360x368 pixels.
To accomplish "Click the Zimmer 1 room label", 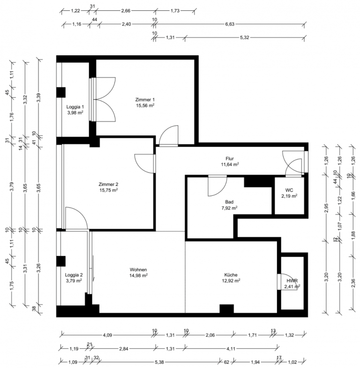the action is point(145,100).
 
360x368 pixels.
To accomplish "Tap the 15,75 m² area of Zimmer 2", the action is point(109,190).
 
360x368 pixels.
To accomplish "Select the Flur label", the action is point(230,159).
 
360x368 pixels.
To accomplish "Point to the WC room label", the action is point(289,190).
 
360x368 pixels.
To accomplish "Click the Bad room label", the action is point(229,202).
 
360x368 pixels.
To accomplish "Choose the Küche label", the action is point(231,275).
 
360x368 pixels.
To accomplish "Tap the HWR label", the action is point(292,281).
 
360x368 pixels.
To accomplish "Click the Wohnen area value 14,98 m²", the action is point(139,276).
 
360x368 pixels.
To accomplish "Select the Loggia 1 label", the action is point(75,107).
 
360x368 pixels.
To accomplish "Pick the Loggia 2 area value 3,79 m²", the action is point(74,281).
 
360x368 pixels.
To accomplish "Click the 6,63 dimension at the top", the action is point(230,24).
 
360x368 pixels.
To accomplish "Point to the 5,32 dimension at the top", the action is point(245,38).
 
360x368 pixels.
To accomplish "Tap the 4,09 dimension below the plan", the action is point(107,335).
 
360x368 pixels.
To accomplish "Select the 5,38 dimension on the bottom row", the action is point(159,362).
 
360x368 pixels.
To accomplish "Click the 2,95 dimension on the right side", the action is point(326,208).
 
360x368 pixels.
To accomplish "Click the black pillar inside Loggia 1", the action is point(61,92).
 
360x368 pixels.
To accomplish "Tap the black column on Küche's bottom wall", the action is point(227,309).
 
